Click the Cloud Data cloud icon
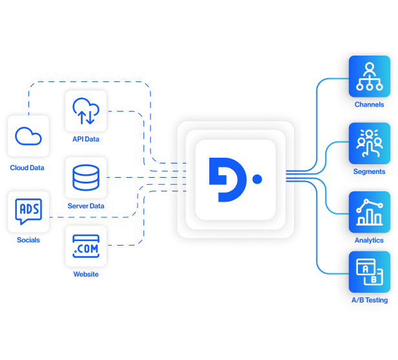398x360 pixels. [28, 136]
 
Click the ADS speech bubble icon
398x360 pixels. [28, 211]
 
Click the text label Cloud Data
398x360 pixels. [27, 168]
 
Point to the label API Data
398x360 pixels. [85, 138]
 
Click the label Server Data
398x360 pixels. [85, 206]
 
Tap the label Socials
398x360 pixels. [28, 240]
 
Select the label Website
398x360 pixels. [85, 274]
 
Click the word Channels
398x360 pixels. [369, 104]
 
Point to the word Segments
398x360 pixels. [369, 172]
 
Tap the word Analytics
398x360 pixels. [369, 240]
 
